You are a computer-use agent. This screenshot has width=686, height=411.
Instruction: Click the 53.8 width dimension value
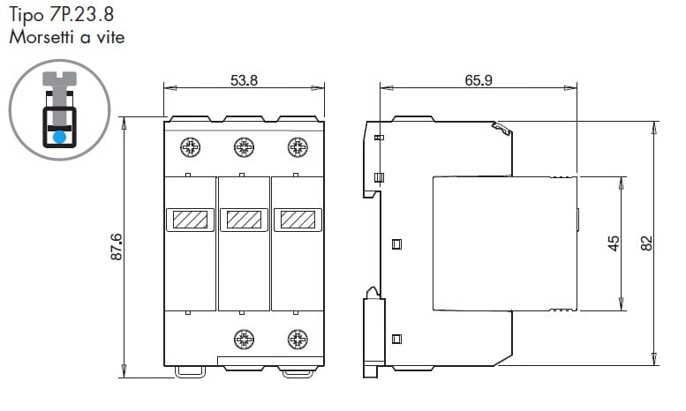(x=245, y=80)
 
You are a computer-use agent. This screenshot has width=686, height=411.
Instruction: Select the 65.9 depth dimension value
(x=479, y=80)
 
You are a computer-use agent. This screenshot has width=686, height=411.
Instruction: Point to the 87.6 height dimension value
(x=117, y=247)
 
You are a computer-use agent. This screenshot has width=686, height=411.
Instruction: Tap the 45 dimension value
(x=614, y=243)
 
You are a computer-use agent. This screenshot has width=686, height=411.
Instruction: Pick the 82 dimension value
(x=646, y=243)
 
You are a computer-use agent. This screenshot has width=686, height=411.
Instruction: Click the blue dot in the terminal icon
(x=59, y=138)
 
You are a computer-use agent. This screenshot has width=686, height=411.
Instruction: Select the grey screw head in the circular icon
(x=59, y=78)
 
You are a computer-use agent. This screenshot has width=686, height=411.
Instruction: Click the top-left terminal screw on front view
(x=191, y=147)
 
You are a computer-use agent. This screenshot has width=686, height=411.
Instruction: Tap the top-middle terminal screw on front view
(x=245, y=147)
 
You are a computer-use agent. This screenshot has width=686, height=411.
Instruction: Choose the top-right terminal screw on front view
(x=298, y=147)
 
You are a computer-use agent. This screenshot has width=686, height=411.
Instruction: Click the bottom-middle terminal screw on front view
(x=245, y=340)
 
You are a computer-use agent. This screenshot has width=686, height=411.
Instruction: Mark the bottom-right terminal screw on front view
(x=298, y=340)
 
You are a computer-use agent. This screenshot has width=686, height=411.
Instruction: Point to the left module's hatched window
(x=191, y=220)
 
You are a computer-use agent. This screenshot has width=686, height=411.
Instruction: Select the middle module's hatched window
(x=245, y=220)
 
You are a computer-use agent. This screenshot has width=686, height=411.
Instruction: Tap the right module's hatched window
(x=298, y=220)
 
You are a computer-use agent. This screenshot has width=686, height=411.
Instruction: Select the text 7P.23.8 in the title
(x=81, y=14)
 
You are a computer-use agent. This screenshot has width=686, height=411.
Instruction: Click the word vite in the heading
(x=111, y=37)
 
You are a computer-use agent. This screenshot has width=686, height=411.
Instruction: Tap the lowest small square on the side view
(x=396, y=339)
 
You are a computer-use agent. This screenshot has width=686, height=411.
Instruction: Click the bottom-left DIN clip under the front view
(x=191, y=372)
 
